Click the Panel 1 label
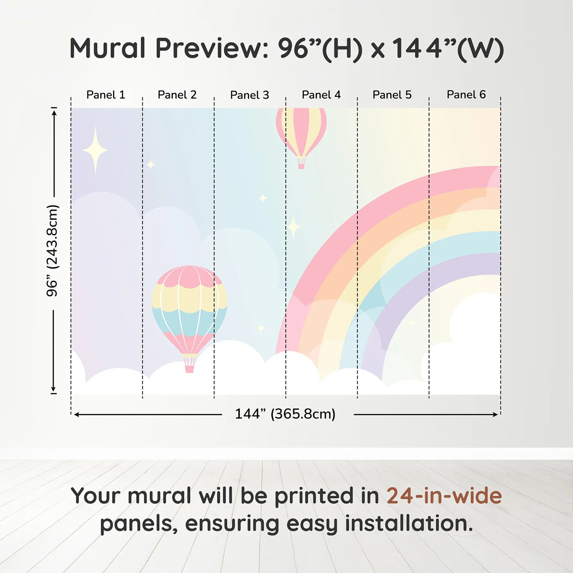click(x=106, y=95)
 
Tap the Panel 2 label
click(x=177, y=95)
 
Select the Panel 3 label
click(x=250, y=95)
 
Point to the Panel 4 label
click(x=321, y=95)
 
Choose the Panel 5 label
click(x=392, y=95)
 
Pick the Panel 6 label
click(x=466, y=95)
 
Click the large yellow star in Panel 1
click(x=95, y=150)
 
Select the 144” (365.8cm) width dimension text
click(x=285, y=414)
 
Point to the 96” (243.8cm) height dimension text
click(x=52, y=250)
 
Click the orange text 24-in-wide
click(x=444, y=496)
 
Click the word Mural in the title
click(x=108, y=48)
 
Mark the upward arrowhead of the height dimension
click(x=54, y=113)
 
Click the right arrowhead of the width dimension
click(x=495, y=415)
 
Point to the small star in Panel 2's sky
click(x=151, y=165)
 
